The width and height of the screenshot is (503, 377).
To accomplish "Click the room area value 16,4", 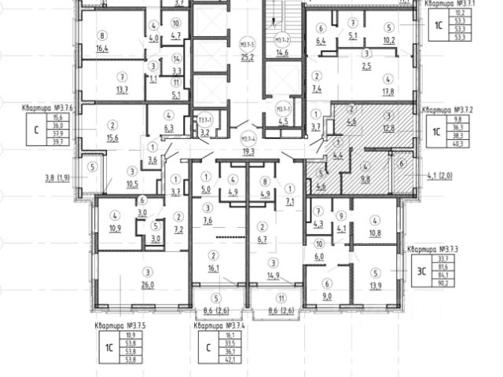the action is tap(102, 48).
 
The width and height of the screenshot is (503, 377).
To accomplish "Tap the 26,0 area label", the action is tap(146, 285).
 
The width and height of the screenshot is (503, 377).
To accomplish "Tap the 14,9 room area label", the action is tap(274, 275).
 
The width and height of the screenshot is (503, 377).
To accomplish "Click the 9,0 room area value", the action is tap(328, 296).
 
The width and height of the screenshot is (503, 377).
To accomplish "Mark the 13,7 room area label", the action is tap(122, 90).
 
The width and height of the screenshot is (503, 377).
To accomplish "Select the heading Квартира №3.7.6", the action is tap(46, 108).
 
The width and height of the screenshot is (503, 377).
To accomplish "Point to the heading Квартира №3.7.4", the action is tap(220, 324).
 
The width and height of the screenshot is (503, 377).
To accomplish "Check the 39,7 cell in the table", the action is tap(57, 143).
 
